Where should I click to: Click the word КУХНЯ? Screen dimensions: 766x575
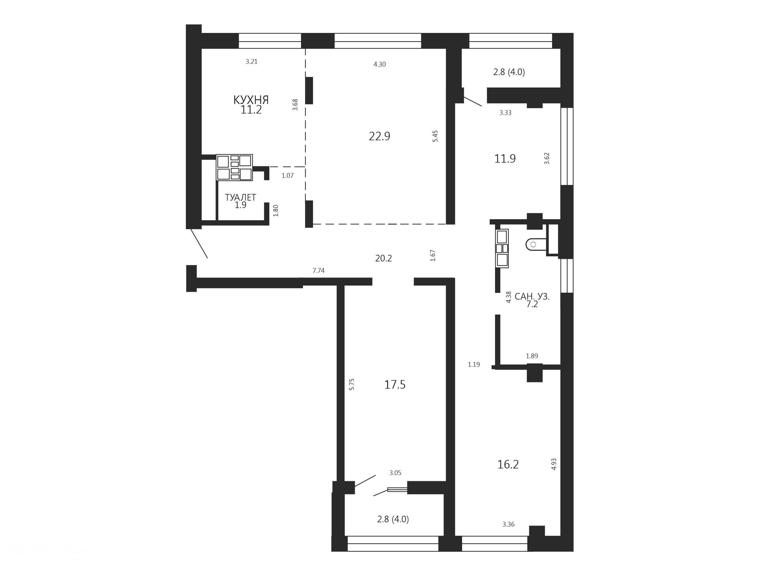pyautogui.click(x=251, y=100)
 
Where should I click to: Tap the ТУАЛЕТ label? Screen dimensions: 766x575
pyautogui.click(x=240, y=197)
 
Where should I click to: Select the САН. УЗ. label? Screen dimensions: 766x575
pyautogui.click(x=532, y=297)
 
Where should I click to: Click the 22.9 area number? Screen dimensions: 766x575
pyautogui.click(x=379, y=136)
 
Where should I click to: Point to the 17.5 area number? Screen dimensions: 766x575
pyautogui.click(x=395, y=385)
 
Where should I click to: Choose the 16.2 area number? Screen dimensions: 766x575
pyautogui.click(x=508, y=464)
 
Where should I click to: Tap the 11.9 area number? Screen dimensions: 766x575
pyautogui.click(x=505, y=159)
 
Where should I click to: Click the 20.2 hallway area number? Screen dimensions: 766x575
pyautogui.click(x=383, y=258)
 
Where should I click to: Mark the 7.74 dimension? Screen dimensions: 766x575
pyautogui.click(x=318, y=271)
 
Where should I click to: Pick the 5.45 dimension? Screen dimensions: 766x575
pyautogui.click(x=435, y=136)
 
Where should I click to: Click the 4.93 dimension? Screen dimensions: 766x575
pyautogui.click(x=554, y=464)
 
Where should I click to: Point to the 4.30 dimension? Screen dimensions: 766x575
pyautogui.click(x=380, y=64)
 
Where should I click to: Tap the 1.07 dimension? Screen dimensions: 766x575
pyautogui.click(x=287, y=176)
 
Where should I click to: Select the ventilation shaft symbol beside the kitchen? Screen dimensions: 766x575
pyautogui.click(x=235, y=167)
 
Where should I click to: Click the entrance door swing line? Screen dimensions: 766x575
pyautogui.click(x=199, y=243)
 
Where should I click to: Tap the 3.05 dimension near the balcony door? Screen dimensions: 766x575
pyautogui.click(x=395, y=473)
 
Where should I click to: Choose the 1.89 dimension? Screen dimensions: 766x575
pyautogui.click(x=532, y=356)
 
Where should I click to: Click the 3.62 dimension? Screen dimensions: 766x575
pyautogui.click(x=547, y=158)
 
